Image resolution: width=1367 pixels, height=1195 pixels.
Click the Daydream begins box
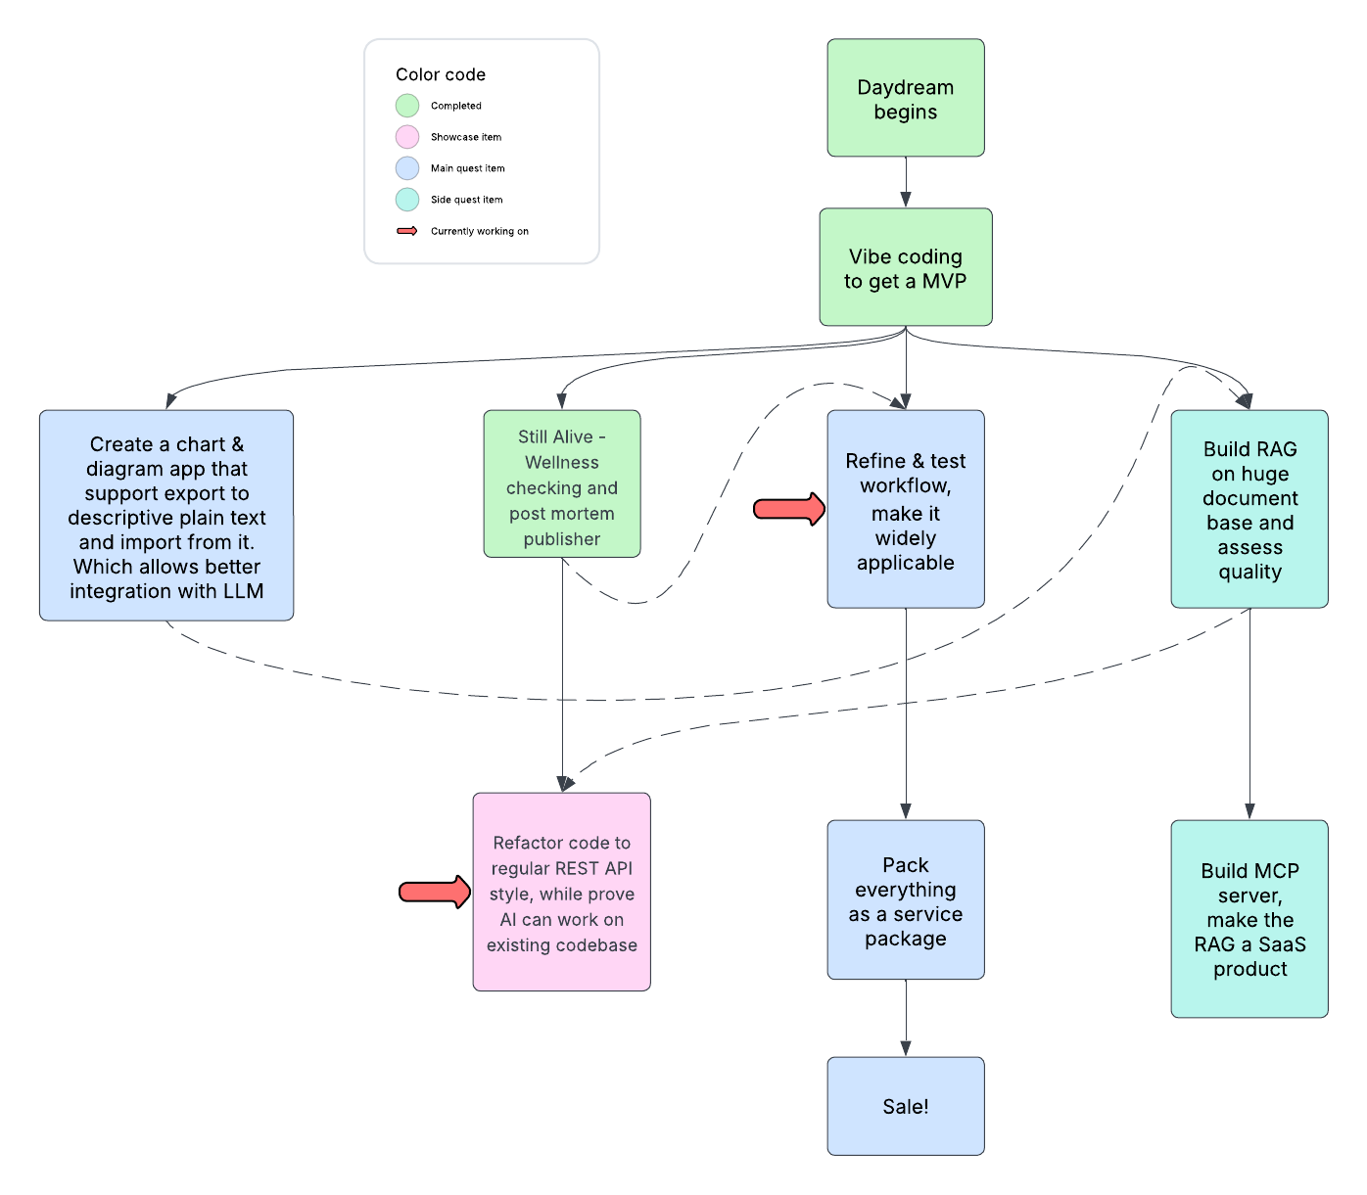(x=905, y=98)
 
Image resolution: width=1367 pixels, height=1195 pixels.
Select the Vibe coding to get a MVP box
(x=905, y=267)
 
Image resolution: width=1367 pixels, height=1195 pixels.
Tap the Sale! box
(x=905, y=1106)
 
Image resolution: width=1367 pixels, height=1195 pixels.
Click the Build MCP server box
(x=1249, y=919)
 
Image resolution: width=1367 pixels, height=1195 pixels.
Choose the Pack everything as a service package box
(x=905, y=899)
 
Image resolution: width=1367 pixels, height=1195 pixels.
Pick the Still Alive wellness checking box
(x=561, y=484)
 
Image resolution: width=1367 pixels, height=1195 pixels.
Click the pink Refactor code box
(x=561, y=892)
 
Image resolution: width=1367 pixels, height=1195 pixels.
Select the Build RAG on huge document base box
(x=1249, y=509)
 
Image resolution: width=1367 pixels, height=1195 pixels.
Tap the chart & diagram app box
(x=166, y=515)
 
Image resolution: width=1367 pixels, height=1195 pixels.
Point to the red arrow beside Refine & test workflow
(x=789, y=509)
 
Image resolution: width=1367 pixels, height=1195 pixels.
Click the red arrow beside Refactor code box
(x=435, y=892)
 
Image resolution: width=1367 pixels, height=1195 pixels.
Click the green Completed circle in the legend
(x=407, y=106)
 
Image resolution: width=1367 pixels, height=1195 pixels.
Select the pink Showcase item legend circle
(x=407, y=137)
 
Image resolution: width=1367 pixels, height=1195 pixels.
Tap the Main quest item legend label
(x=467, y=168)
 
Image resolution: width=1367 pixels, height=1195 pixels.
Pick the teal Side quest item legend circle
(x=407, y=200)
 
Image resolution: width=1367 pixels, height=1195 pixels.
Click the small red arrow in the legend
(x=407, y=231)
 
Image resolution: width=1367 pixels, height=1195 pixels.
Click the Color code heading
(x=441, y=74)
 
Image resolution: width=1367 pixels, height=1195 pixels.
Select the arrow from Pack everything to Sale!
(x=905, y=1018)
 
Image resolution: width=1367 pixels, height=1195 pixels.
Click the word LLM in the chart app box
(x=243, y=591)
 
